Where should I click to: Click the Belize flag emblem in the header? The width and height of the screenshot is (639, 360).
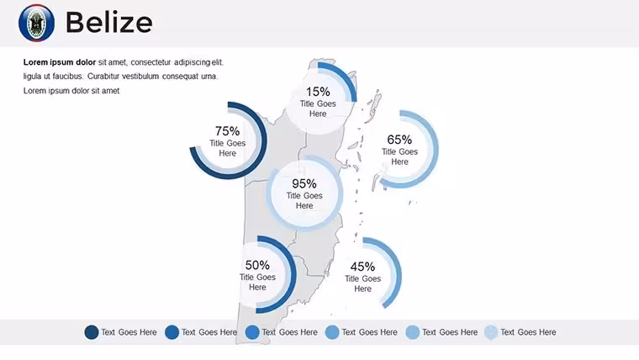click(x=36, y=23)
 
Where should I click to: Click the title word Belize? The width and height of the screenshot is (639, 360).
click(x=109, y=23)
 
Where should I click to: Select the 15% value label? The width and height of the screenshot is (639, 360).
click(x=318, y=92)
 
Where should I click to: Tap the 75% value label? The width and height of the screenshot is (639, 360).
click(x=227, y=131)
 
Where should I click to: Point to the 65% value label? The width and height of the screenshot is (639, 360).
click(x=399, y=140)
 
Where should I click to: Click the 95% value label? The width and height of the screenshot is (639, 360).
click(x=304, y=183)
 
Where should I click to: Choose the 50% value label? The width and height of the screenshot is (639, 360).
click(x=257, y=265)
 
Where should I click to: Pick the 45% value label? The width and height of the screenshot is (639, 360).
click(x=362, y=267)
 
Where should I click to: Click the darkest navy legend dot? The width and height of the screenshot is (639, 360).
click(x=92, y=332)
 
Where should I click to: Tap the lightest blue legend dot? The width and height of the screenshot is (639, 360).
click(x=491, y=332)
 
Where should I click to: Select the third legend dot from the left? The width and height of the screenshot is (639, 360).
click(x=252, y=332)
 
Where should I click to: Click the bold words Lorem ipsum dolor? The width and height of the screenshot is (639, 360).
click(x=60, y=62)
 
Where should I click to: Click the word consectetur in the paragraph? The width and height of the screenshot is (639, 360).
click(x=151, y=62)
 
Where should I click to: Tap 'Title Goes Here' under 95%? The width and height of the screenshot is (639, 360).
click(x=304, y=200)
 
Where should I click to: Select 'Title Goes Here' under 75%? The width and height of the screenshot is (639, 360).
click(x=227, y=148)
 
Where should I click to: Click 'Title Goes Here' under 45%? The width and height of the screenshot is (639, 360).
click(x=362, y=283)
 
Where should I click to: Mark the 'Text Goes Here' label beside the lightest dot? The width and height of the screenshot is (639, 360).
click(x=528, y=332)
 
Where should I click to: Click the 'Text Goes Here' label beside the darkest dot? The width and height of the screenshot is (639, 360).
click(x=129, y=332)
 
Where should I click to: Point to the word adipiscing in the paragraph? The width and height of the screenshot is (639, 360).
click(x=192, y=62)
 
